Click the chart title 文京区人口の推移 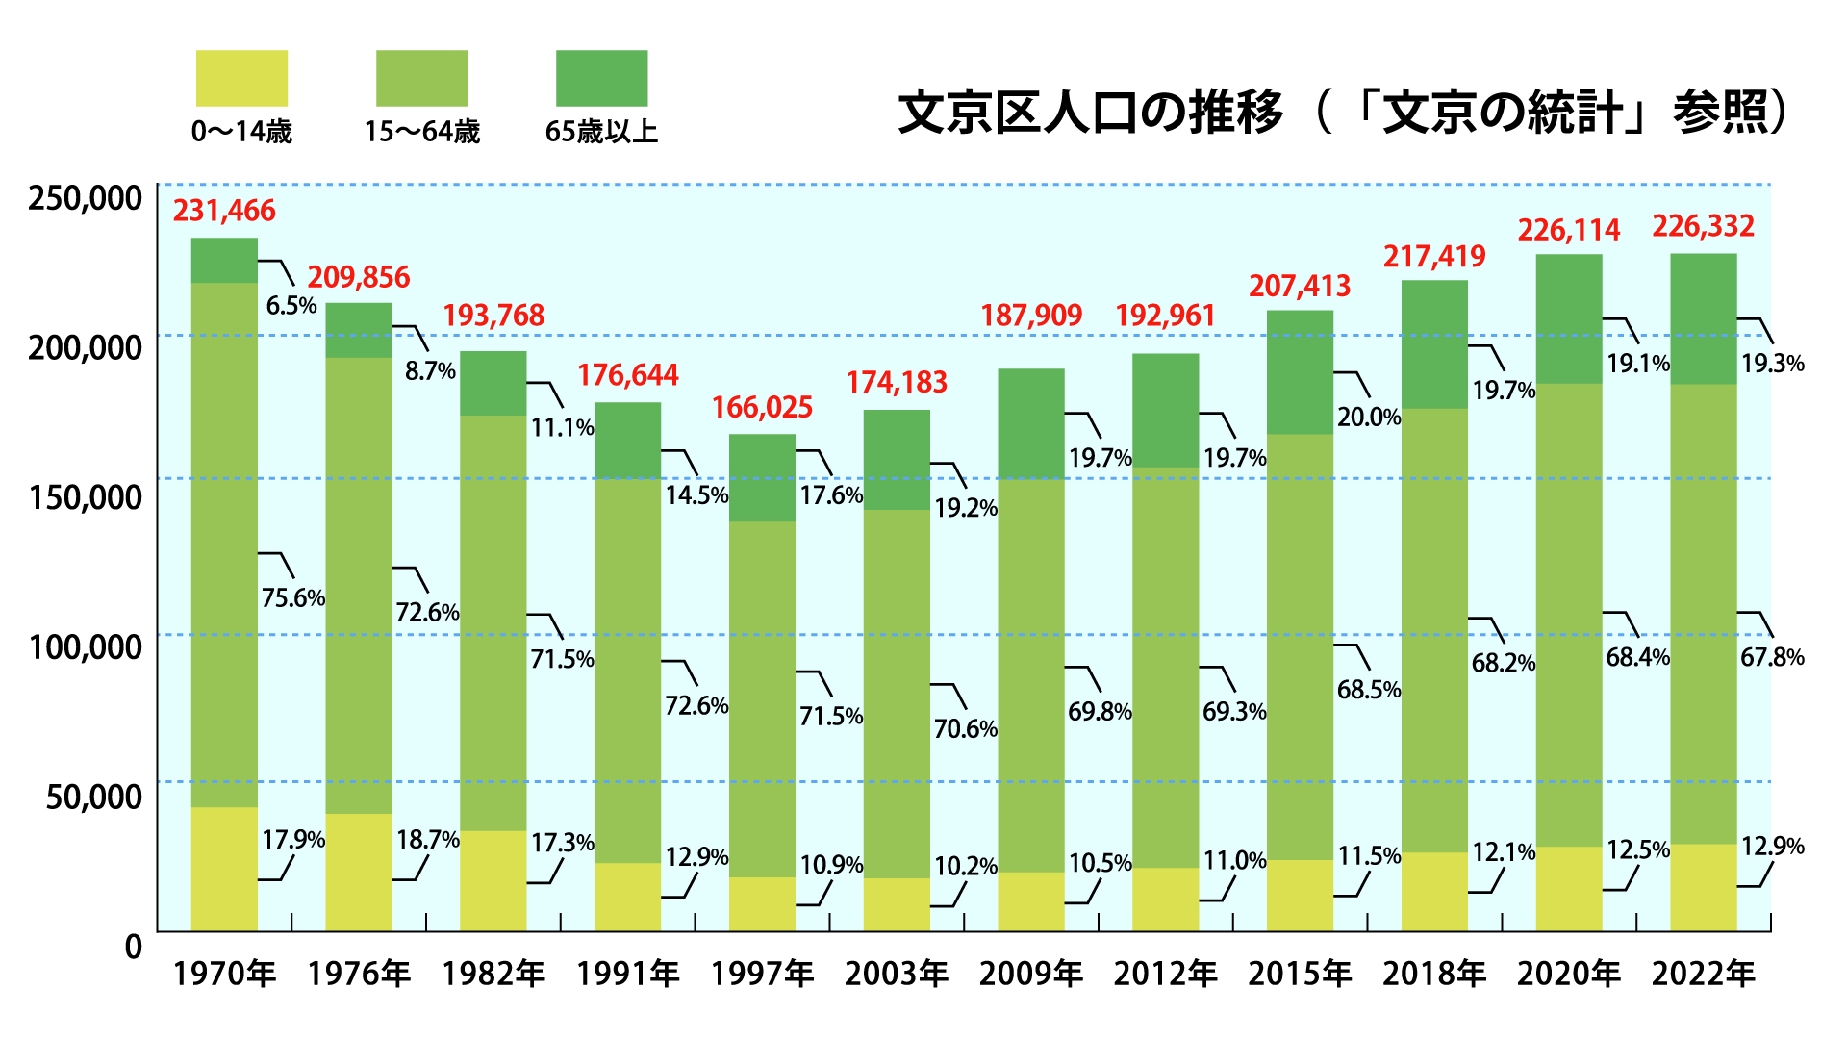pos(1090,113)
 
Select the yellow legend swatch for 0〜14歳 pos(241,78)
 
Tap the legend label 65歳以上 pos(601,132)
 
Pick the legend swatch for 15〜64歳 pos(421,78)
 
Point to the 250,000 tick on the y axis pos(85,198)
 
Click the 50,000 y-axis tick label pos(94,797)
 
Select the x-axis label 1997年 pos(762,974)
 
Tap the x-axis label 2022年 pos(1703,974)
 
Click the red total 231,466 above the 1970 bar pos(224,211)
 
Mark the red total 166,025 pos(762,408)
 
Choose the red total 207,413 pos(1300,287)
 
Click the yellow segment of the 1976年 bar pos(359,872)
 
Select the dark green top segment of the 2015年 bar pos(1300,371)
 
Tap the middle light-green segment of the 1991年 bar pos(627,670)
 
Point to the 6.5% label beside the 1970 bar pos(291,306)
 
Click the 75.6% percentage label pos(293,598)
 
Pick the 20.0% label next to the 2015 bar pos(1368,418)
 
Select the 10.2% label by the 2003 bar pos(965,867)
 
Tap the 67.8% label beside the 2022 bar pos(1772,658)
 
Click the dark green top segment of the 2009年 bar pos(1030,423)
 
